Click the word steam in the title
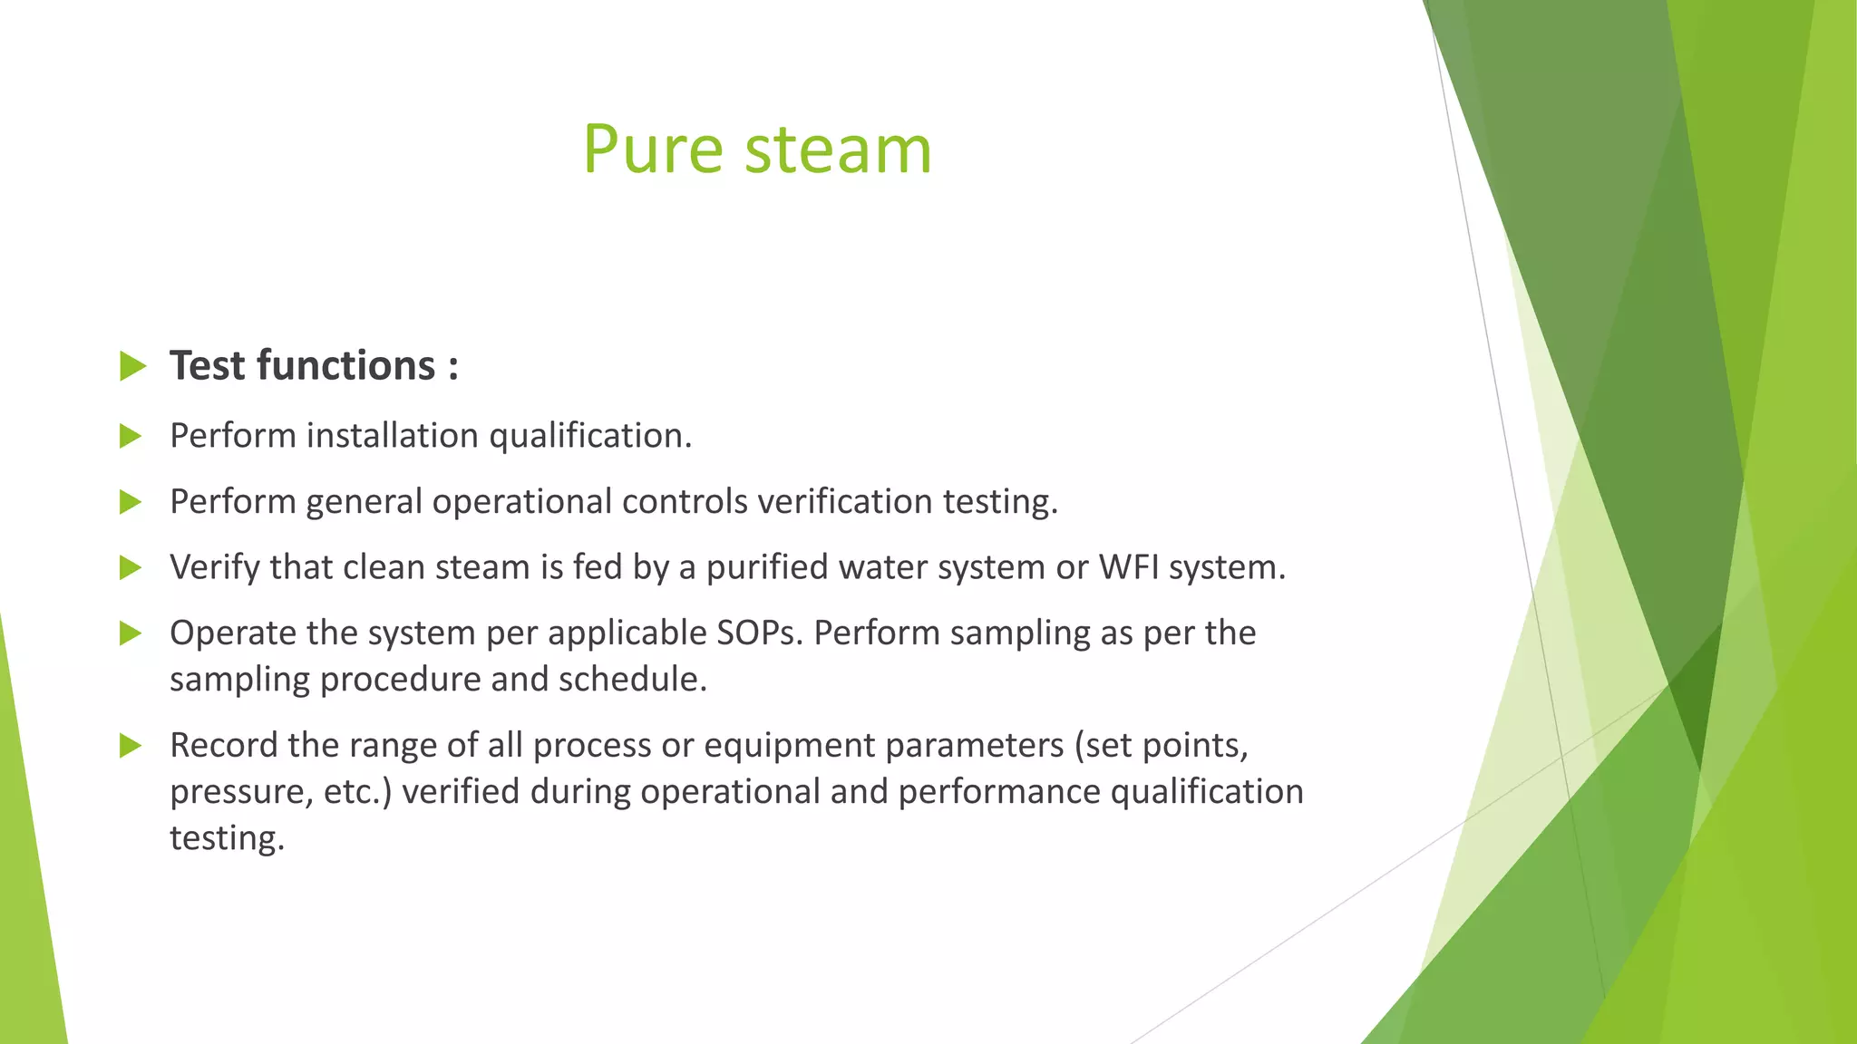pyautogui.click(x=838, y=150)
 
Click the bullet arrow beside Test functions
pyautogui.click(x=132, y=366)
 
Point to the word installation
pyautogui.click(x=392, y=436)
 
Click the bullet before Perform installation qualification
pyautogui.click(x=131, y=437)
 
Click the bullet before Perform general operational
pyautogui.click(x=131, y=502)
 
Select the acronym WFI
pyautogui.click(x=1128, y=567)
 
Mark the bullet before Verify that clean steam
pyautogui.click(x=131, y=568)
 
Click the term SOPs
pyautogui.click(x=759, y=633)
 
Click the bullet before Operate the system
pyautogui.click(x=131, y=633)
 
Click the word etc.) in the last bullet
pyautogui.click(x=357, y=791)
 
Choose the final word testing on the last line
pyautogui.click(x=227, y=837)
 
